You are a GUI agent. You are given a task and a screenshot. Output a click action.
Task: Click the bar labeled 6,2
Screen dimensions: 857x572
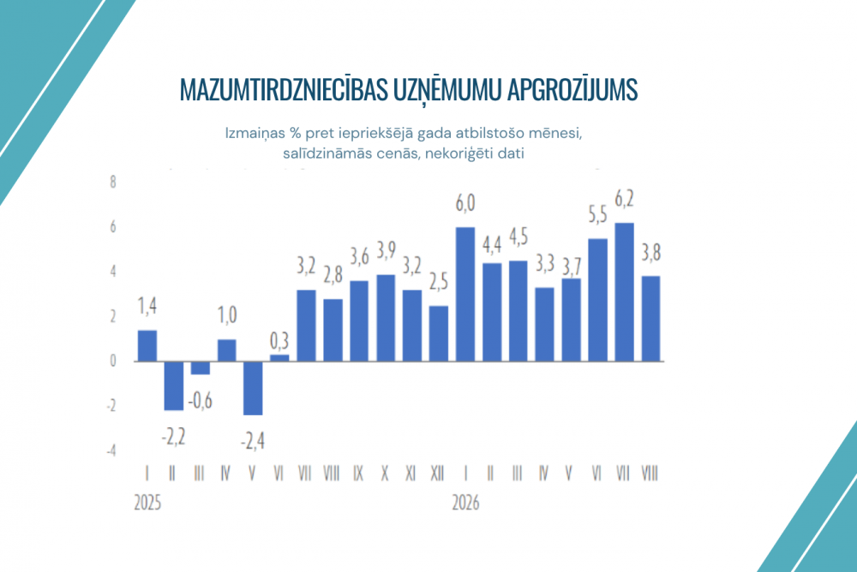[624, 292]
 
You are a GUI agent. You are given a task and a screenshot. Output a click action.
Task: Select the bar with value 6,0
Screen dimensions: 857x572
[465, 294]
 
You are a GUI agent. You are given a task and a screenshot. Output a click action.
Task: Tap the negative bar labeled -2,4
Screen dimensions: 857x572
[253, 388]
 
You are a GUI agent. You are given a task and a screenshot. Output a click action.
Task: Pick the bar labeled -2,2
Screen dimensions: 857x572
[174, 386]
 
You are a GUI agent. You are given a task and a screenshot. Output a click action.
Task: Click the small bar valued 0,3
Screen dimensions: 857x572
[279, 358]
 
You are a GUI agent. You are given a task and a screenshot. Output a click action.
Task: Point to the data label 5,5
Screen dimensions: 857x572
[598, 215]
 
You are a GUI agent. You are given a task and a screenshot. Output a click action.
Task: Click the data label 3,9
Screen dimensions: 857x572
[387, 250]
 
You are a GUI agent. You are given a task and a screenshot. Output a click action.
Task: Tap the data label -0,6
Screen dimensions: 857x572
[200, 400]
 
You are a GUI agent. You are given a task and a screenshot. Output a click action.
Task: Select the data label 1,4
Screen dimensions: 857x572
[147, 306]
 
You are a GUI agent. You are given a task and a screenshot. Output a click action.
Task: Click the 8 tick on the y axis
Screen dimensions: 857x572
[113, 182]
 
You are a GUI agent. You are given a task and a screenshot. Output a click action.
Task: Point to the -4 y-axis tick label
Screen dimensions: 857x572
[111, 450]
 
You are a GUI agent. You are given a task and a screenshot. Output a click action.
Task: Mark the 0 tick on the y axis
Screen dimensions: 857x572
[113, 361]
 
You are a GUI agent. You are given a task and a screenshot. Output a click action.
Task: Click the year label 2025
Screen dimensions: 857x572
[147, 503]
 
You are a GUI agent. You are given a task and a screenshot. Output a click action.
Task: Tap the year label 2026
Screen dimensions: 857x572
[465, 503]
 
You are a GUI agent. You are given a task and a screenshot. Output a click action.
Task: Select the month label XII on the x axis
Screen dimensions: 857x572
[437, 473]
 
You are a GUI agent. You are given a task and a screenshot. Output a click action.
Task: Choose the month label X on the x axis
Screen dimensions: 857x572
[385, 473]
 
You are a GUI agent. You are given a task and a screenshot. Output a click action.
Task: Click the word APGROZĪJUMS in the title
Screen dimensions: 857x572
[572, 90]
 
